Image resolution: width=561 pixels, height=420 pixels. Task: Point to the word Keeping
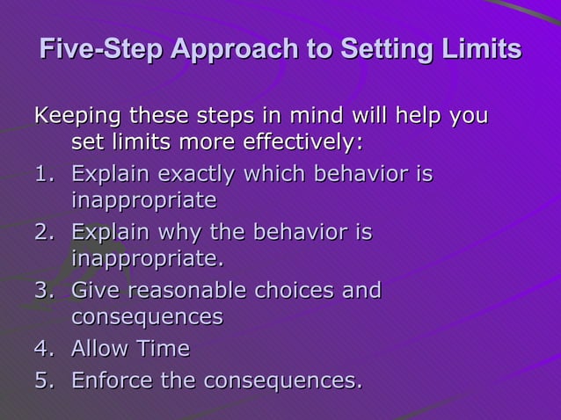pos(76,116)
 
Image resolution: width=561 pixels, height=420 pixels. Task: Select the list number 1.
pos(45,174)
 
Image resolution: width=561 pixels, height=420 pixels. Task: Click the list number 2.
pos(45,233)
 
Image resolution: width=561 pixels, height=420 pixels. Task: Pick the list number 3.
pos(45,291)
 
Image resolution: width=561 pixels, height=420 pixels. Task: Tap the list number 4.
pos(45,349)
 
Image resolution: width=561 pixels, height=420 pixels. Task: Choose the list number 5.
pos(45,381)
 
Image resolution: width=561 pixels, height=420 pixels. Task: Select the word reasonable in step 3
pos(185,291)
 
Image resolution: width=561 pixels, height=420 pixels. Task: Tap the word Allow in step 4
pos(99,349)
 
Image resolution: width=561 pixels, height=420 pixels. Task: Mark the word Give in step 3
pos(91,290)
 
